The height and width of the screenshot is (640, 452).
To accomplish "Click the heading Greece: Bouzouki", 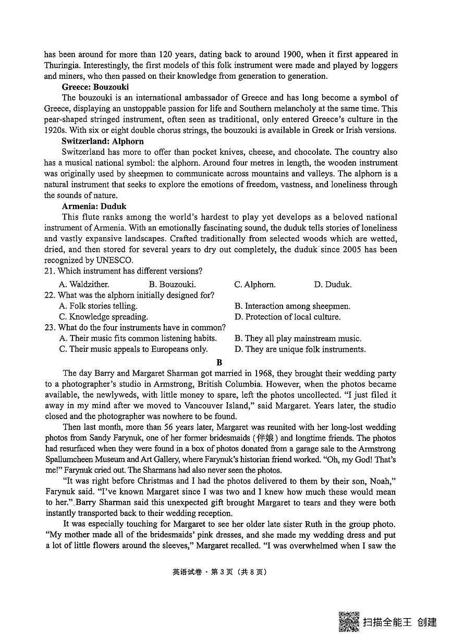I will pos(95,87).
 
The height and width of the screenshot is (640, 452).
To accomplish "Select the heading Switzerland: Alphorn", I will pos(102,141).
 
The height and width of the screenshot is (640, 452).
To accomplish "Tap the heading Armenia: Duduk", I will pos(94,206).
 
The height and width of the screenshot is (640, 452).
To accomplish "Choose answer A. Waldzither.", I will pos(84,285).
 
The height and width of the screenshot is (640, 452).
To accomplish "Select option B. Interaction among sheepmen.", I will pos(292,306).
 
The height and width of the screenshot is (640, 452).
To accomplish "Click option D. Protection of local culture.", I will pos(287,317).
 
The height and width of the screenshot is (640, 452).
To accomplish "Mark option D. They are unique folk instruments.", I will pos(300,349).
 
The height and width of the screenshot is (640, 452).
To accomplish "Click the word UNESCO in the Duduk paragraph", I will pos(117,260).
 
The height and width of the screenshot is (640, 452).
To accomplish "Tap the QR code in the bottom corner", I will pos(349,621).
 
